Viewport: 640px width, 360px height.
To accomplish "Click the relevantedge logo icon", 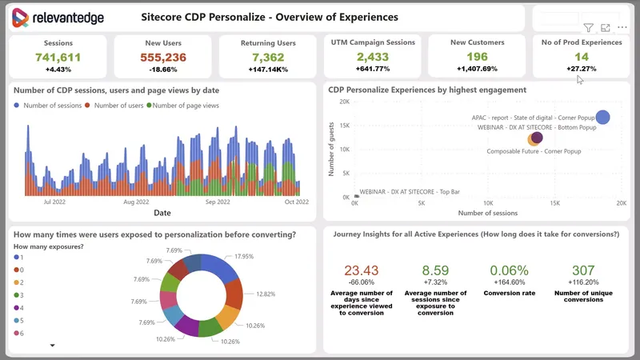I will coord(21,18).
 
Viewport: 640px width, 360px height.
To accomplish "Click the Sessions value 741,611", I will coord(58,57).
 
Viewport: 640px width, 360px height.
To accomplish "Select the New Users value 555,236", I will coord(163,57).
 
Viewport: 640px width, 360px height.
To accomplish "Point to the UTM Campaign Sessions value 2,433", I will coord(373,57).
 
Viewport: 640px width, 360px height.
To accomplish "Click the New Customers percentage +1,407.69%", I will coord(477,70).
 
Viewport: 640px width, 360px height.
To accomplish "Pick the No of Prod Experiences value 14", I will coord(582,57).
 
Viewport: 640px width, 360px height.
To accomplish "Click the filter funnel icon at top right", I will coord(589,28).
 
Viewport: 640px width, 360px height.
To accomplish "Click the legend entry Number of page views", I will coord(186,106).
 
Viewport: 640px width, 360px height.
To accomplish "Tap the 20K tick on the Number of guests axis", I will coord(344,102).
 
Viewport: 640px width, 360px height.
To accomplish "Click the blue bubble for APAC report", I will coord(602,118).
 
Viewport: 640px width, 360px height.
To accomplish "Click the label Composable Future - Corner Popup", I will coord(534,150).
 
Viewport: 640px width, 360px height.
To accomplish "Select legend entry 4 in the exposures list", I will coord(22,307).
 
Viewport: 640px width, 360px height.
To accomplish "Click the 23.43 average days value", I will coord(361,270).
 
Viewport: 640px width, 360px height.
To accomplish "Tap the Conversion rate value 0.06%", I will coord(509,270).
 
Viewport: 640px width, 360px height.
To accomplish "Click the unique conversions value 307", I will coord(583,270).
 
